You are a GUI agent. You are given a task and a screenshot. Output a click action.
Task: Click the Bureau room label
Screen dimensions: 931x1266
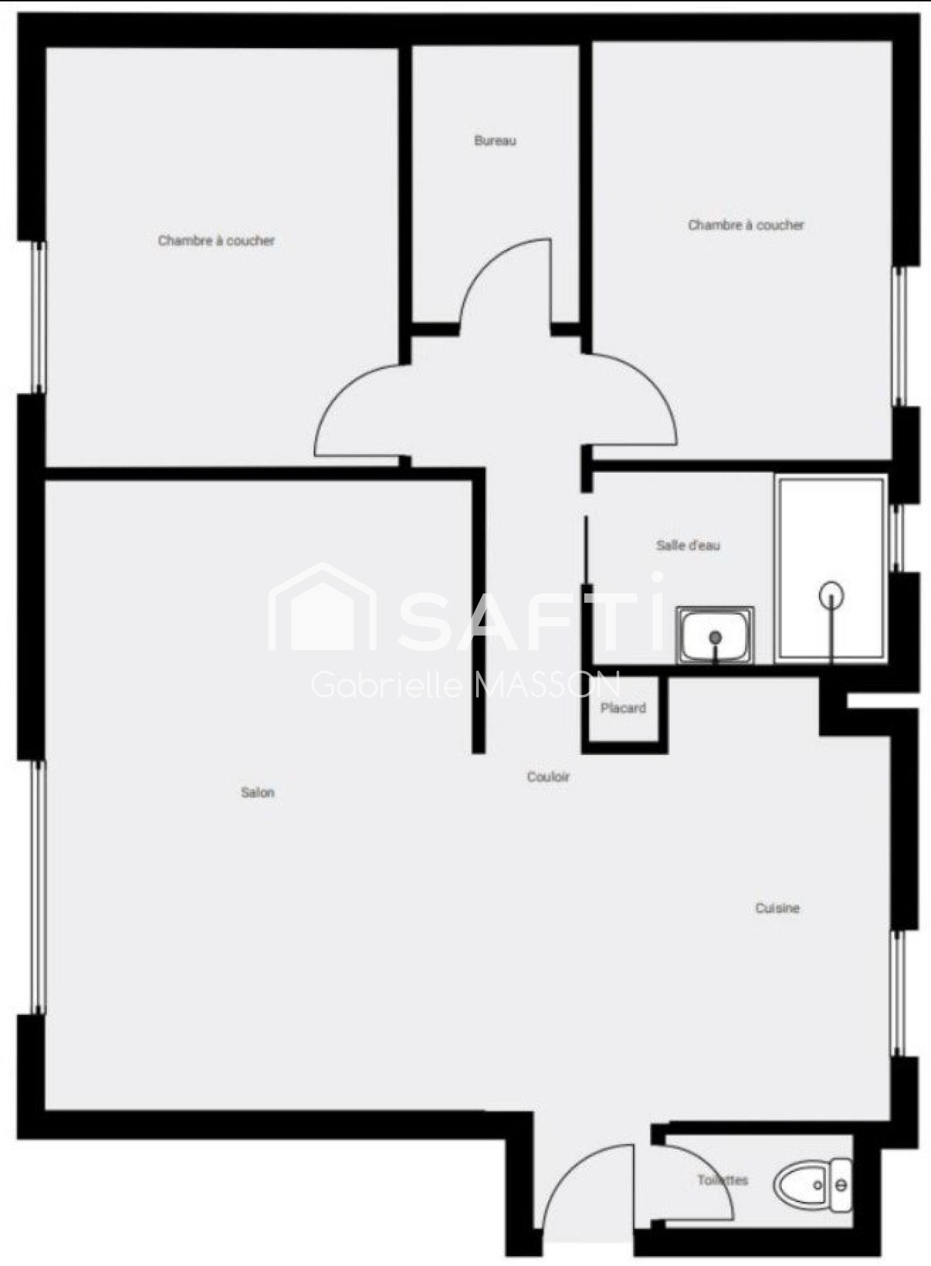495,140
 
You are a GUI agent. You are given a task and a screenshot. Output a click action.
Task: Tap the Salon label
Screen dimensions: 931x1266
257,793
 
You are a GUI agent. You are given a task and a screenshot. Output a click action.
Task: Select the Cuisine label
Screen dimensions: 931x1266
777,908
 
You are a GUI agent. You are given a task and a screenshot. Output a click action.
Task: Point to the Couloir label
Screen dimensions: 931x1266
548,777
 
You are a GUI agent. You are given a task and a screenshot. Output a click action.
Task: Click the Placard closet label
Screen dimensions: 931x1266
623,708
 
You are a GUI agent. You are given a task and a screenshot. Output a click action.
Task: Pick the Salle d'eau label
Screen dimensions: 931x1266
688,545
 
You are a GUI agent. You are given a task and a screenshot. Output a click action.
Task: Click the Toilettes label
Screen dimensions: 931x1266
723,1180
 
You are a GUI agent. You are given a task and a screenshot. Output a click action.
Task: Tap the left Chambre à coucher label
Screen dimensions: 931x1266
216,241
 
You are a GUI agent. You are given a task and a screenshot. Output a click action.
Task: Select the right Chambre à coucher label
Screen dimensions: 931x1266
746,225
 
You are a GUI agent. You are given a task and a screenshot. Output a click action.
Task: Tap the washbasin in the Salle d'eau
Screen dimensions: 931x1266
715,635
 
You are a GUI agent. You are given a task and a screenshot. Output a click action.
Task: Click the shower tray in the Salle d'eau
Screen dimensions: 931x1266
831,568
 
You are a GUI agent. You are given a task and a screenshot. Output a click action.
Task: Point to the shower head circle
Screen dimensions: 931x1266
831,594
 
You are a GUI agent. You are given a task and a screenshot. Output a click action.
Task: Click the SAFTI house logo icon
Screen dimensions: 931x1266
322,607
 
